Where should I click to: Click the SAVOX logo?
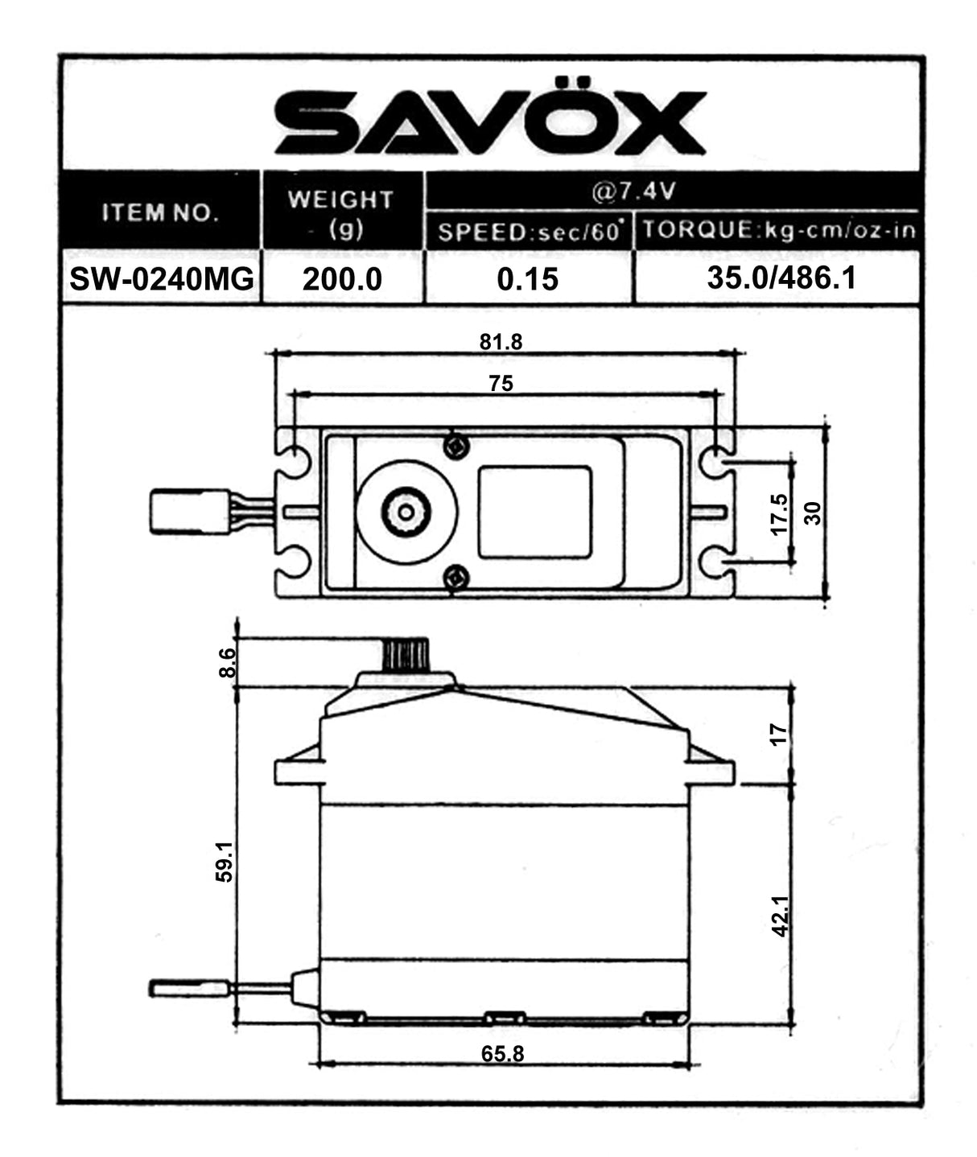click(x=490, y=122)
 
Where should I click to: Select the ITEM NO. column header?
click(x=160, y=212)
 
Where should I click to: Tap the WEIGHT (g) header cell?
click(x=341, y=213)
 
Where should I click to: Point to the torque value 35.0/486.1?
click(x=781, y=278)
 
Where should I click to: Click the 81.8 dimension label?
click(x=501, y=342)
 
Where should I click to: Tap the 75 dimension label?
click(x=501, y=384)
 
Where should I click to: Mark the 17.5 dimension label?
click(x=780, y=513)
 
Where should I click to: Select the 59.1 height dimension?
click(x=225, y=861)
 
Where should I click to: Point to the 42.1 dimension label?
click(x=780, y=916)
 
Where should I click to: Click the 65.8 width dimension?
click(x=502, y=1053)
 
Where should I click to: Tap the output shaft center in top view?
click(x=406, y=512)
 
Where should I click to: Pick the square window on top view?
click(x=534, y=513)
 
